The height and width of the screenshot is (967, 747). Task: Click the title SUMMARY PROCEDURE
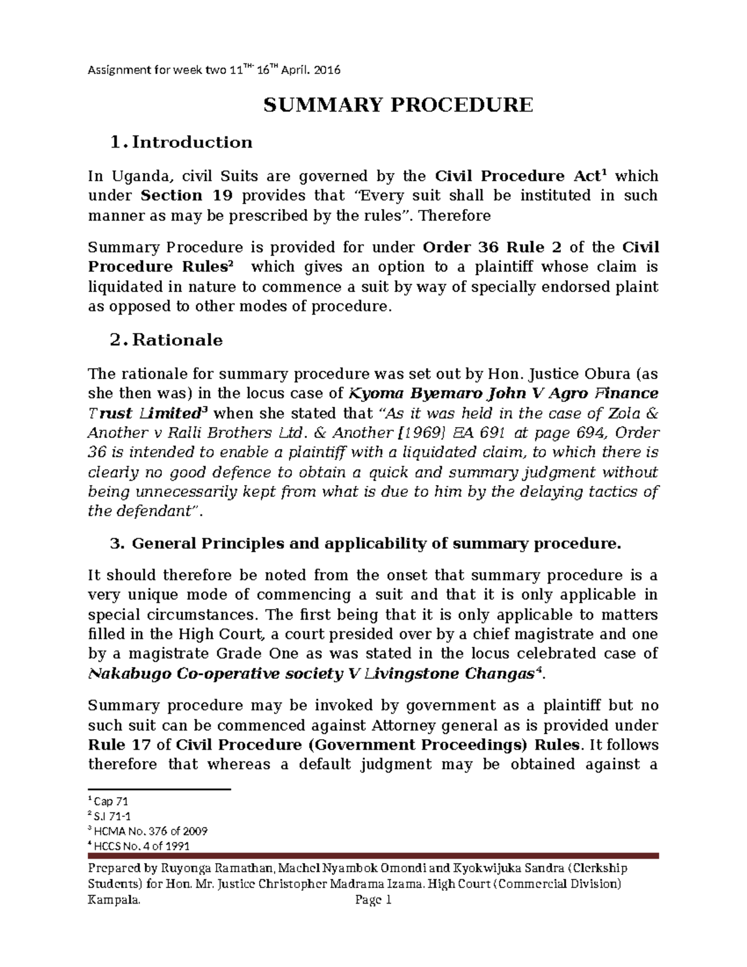coord(398,105)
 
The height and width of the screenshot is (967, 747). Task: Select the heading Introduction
coord(192,143)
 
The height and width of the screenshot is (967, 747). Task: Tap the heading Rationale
coord(177,340)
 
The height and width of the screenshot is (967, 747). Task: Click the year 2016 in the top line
coord(327,70)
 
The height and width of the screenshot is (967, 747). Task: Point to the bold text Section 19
coord(187,196)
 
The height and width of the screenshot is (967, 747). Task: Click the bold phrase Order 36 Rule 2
coord(492,247)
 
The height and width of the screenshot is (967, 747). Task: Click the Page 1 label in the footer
coord(373,900)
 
